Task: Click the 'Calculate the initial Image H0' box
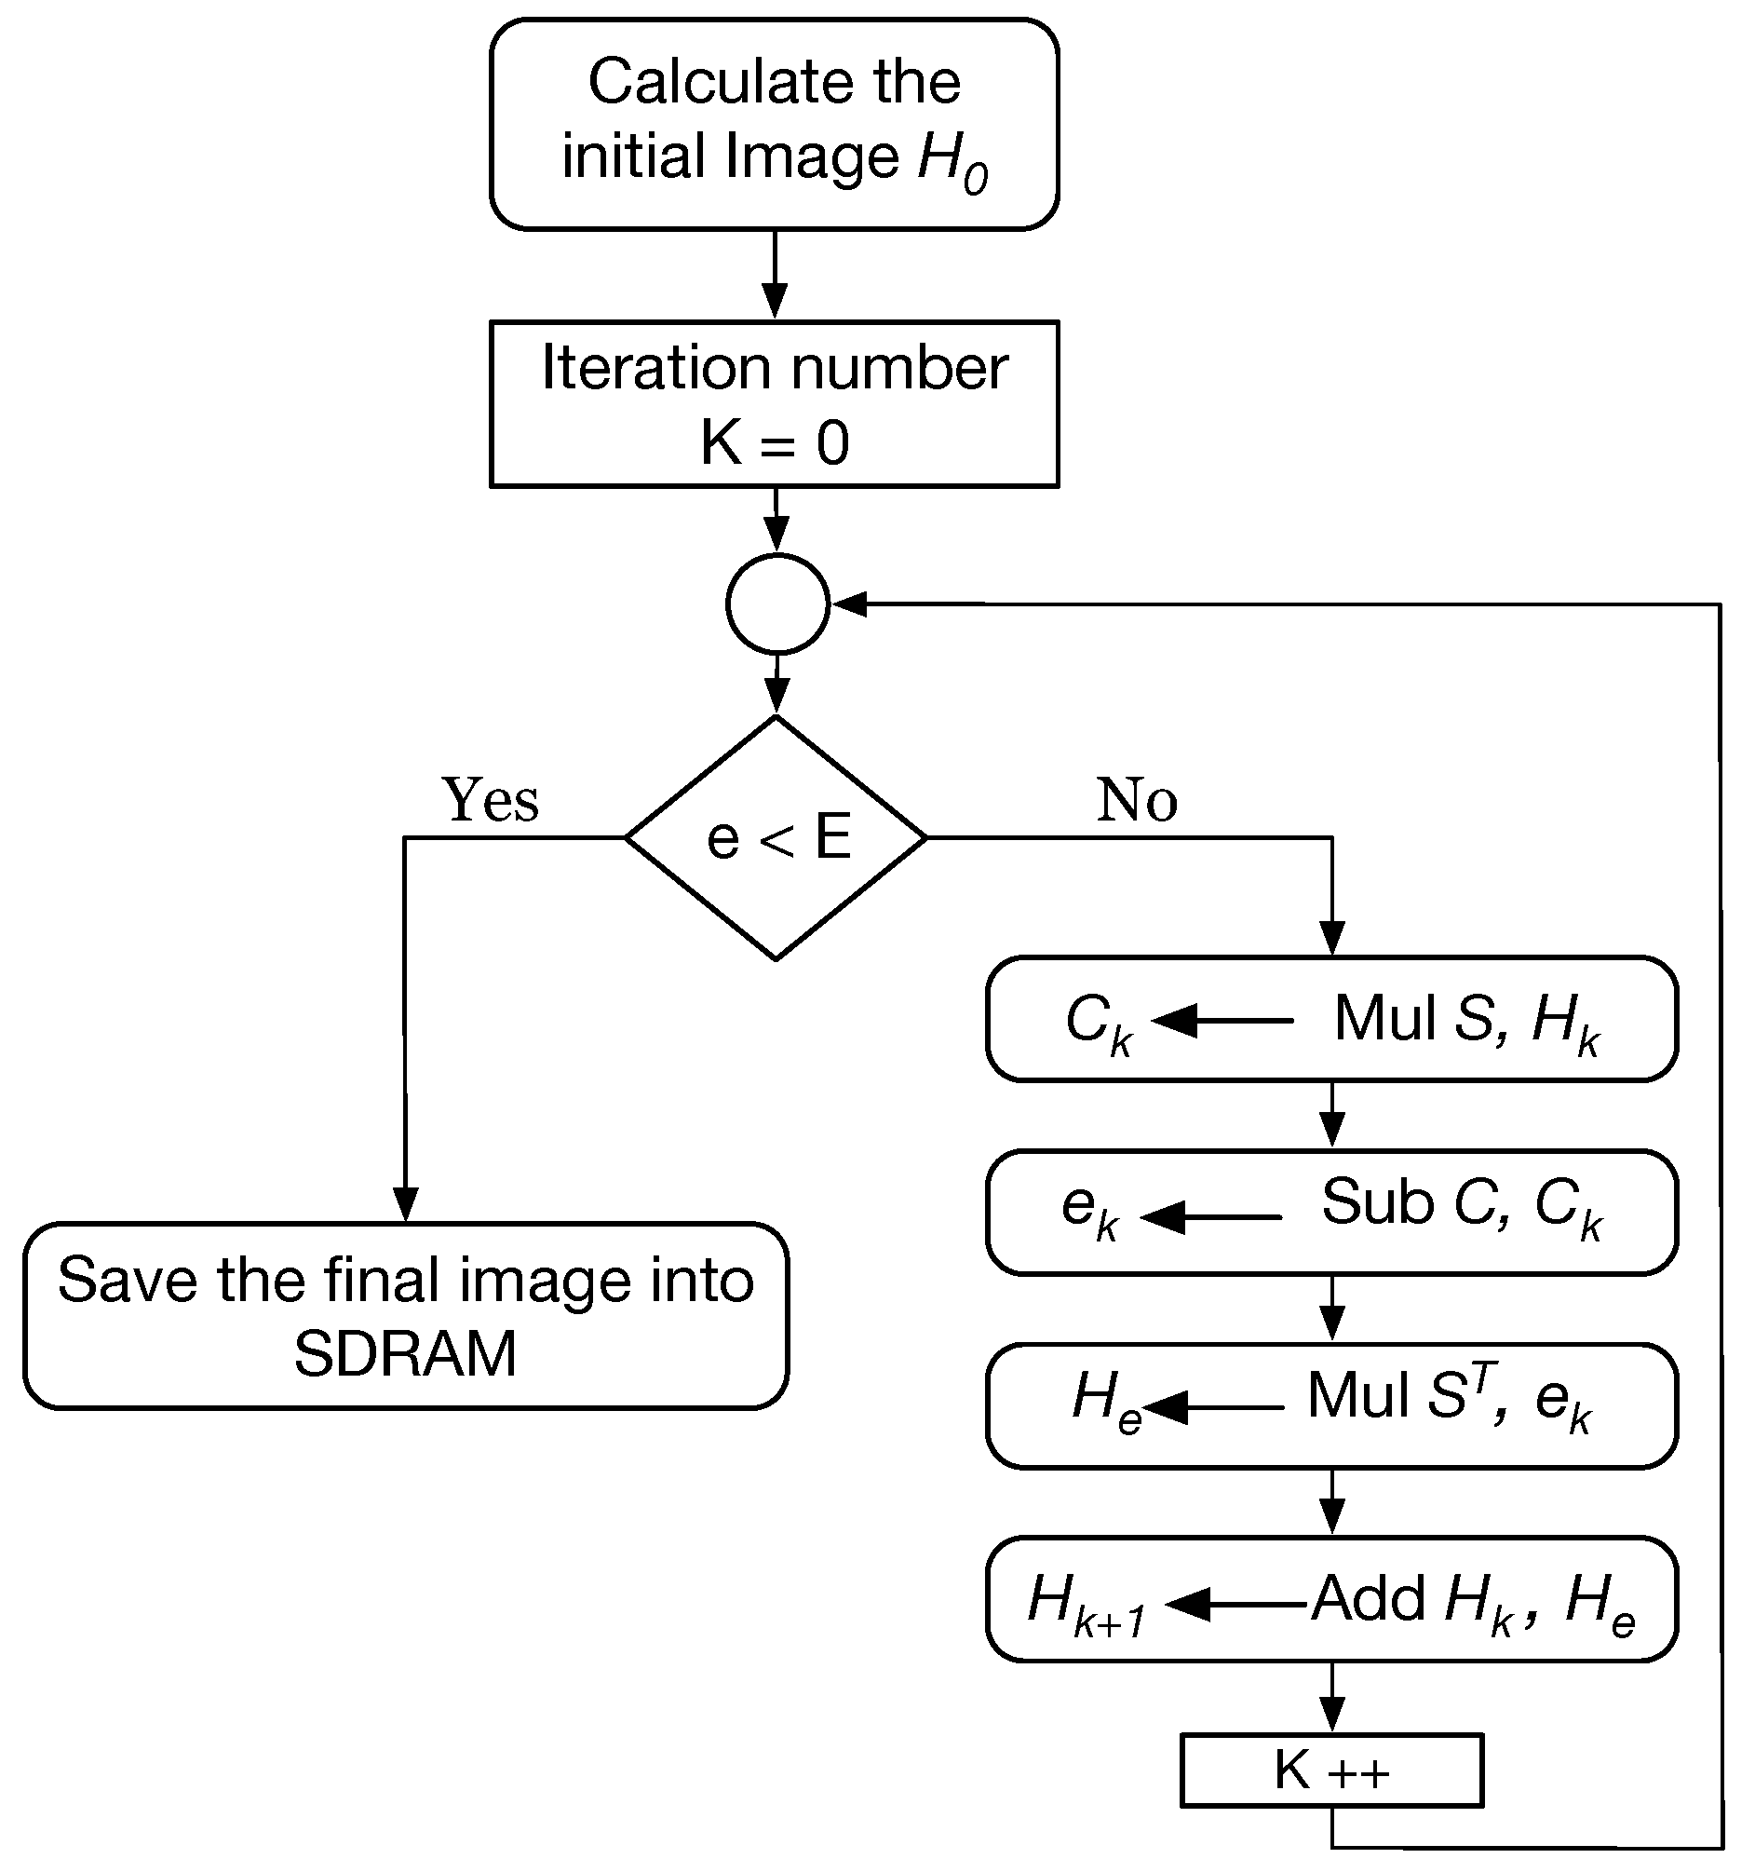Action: [x=774, y=124]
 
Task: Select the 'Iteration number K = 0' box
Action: [x=774, y=404]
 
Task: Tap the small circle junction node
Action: [x=776, y=604]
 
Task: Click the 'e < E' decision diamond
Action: [x=776, y=838]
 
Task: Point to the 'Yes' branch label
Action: [x=491, y=800]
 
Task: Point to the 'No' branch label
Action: [x=1137, y=800]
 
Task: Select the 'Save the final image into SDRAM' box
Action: [x=406, y=1315]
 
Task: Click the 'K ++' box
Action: [x=1331, y=1770]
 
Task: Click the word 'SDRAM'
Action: [x=406, y=1354]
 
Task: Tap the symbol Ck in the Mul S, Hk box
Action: [x=1098, y=1023]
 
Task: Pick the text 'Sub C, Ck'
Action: [x=1460, y=1206]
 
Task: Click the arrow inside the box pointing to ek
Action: [x=1209, y=1217]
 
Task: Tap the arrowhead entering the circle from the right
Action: [x=849, y=604]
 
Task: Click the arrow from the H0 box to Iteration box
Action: [x=774, y=275]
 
